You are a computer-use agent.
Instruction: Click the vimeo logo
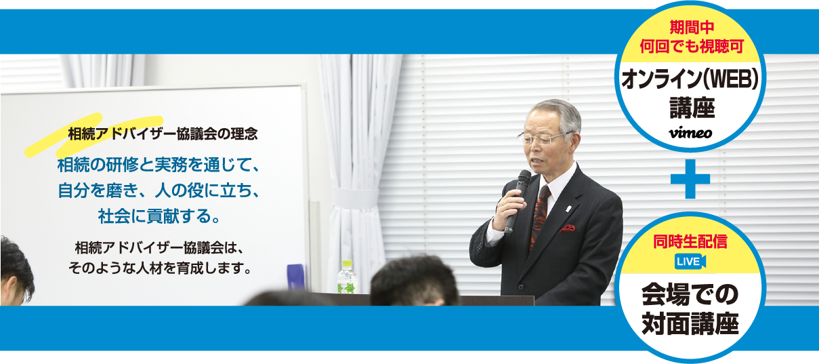coord(690,133)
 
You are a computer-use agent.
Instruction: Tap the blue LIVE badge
coord(690,261)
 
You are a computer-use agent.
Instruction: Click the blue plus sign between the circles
coord(690,179)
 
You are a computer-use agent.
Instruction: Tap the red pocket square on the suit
coord(568,228)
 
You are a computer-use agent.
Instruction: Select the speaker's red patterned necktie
coord(540,216)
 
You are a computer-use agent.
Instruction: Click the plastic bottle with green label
coord(347,277)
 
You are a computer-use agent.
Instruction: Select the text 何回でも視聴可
coord(692,47)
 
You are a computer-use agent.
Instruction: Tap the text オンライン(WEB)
coord(690,79)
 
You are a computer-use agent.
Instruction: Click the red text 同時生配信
coord(690,241)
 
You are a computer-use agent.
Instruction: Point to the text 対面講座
coord(690,324)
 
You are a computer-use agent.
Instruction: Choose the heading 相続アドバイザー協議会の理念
coord(163,134)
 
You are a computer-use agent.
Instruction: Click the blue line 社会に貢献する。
coord(159,216)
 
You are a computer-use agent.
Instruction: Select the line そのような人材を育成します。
coord(160,268)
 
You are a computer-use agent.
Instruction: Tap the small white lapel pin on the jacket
coord(568,209)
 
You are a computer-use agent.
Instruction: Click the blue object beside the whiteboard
coord(295,277)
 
